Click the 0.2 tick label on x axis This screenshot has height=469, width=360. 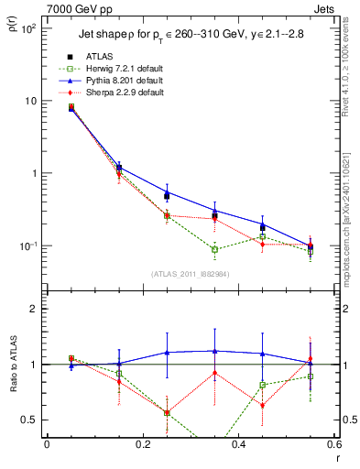click(142, 445)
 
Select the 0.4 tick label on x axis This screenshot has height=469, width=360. click(239, 445)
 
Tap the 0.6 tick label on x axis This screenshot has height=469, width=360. click(334, 445)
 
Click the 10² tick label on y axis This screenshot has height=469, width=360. click(28, 28)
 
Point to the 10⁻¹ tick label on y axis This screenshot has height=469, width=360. click(27, 245)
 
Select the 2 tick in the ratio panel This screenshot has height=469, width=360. click(36, 309)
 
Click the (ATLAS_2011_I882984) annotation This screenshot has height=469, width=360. click(190, 274)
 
